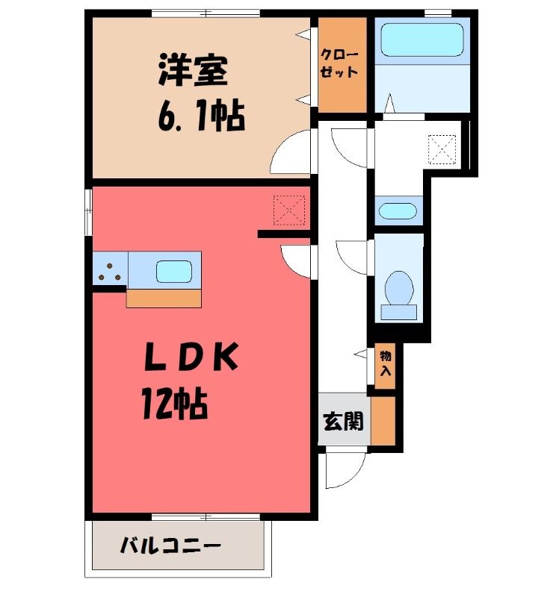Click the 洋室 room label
click(x=193, y=70)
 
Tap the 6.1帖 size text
click(x=201, y=115)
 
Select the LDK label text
click(x=191, y=357)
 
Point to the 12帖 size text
click(x=175, y=403)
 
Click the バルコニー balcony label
click(x=170, y=546)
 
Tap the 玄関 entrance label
click(x=343, y=421)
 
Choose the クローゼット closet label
click(x=339, y=63)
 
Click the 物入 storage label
click(x=385, y=363)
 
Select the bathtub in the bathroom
click(x=422, y=40)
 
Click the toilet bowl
click(x=399, y=288)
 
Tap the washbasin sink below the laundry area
click(x=398, y=211)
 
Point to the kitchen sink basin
click(x=174, y=272)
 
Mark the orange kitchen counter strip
click(x=164, y=298)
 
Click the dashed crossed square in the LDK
click(x=289, y=210)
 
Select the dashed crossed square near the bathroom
click(x=442, y=149)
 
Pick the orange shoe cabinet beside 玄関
click(x=383, y=421)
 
